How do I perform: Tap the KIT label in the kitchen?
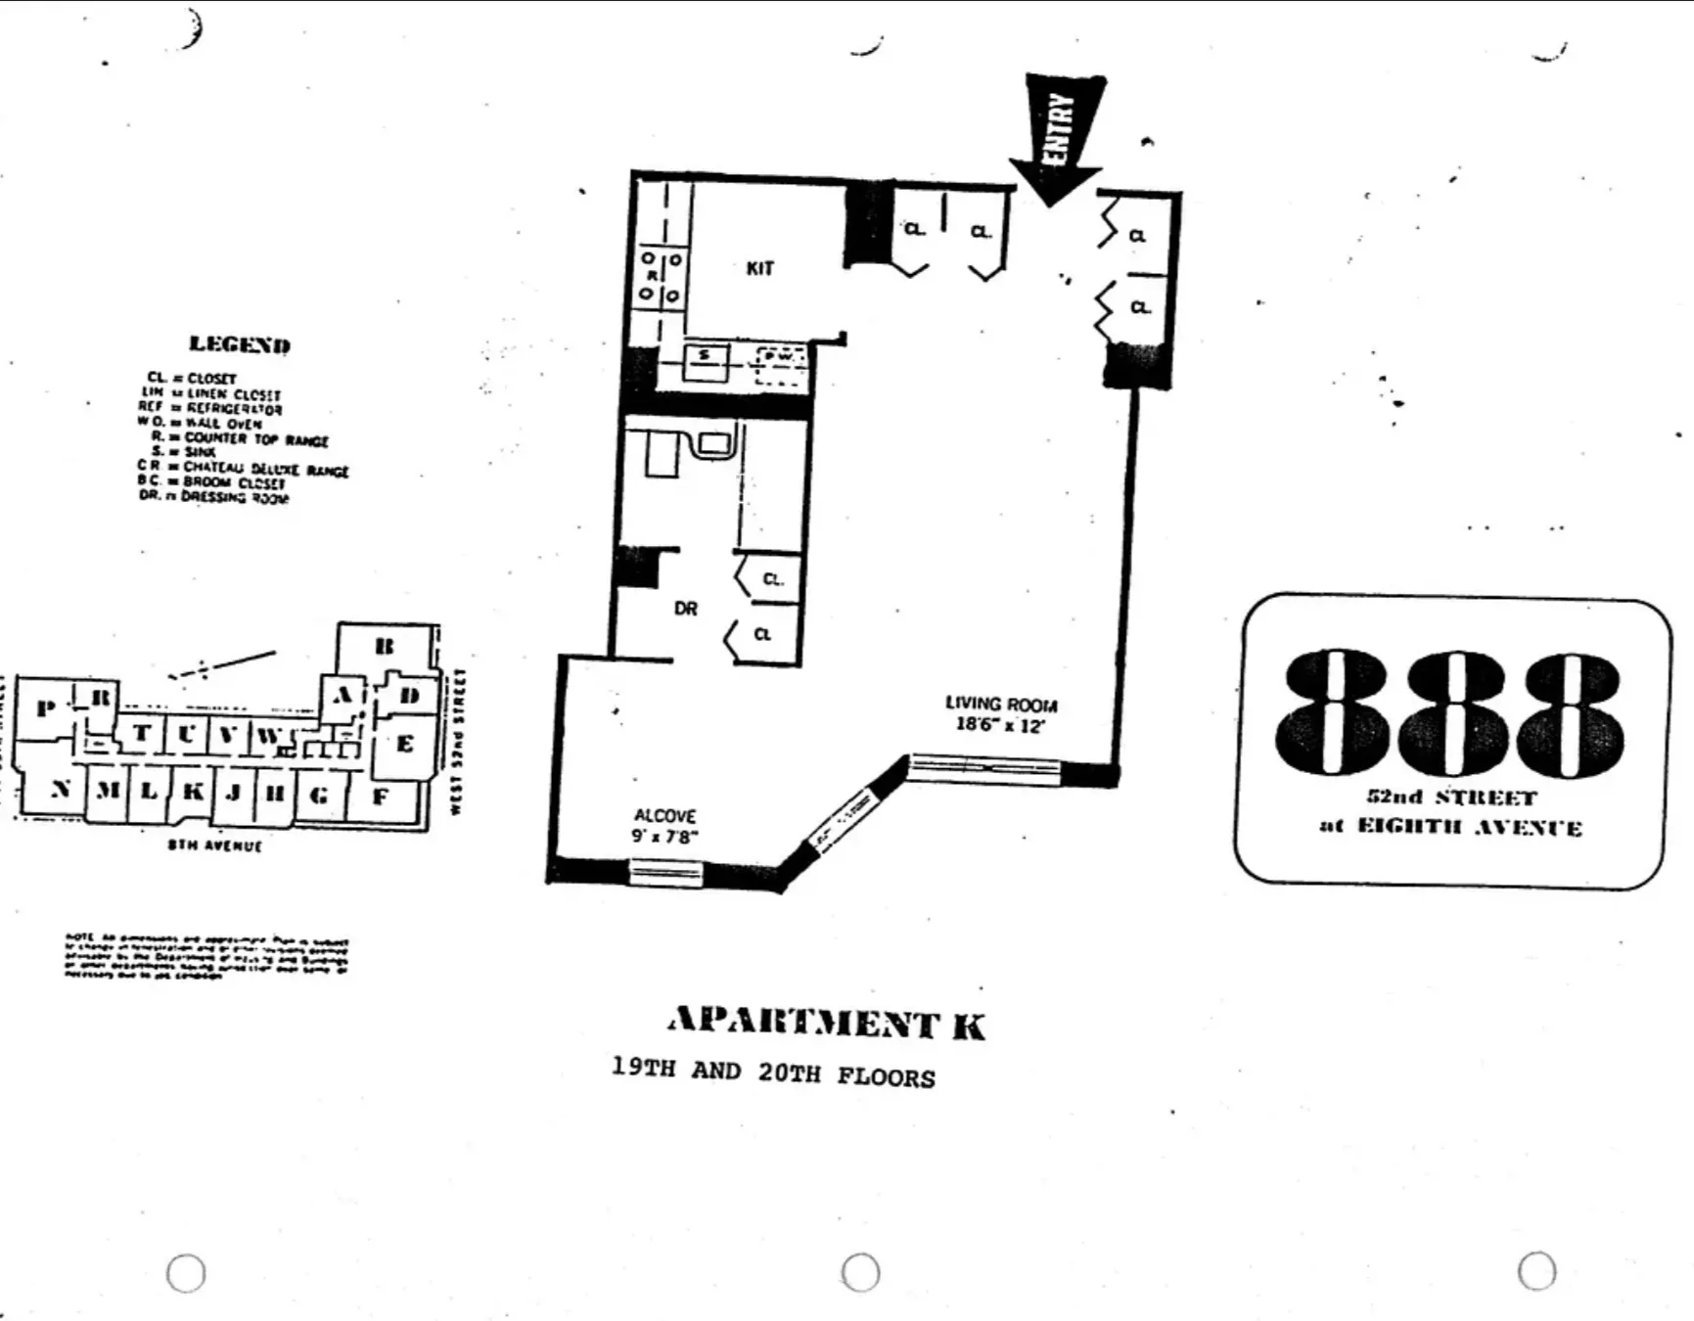coord(759,268)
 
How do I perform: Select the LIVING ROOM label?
coord(1000,704)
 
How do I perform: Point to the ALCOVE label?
coord(664,815)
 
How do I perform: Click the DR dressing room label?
coord(685,609)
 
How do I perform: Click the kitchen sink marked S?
coord(704,363)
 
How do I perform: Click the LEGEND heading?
coord(240,344)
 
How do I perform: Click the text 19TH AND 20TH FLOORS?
coord(773,1072)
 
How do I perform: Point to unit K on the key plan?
coord(193,791)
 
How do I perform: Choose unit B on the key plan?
coord(385,647)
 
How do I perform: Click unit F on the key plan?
coord(380,797)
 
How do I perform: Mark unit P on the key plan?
coord(45,707)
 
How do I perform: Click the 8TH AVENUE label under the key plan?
coord(214,845)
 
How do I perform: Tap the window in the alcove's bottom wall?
coord(664,871)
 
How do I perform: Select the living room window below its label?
coord(984,768)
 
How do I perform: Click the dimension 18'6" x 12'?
coord(1000,725)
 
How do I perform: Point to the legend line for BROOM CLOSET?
coord(212,482)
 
